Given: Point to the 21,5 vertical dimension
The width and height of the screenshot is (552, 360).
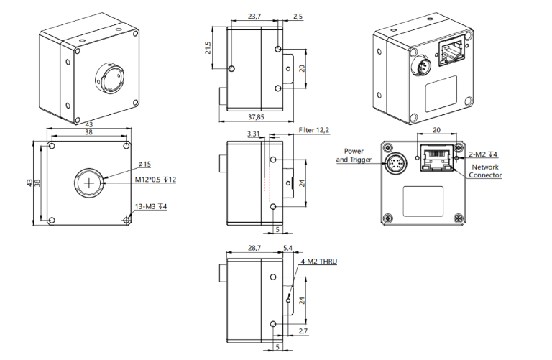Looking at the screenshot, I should tap(208, 47).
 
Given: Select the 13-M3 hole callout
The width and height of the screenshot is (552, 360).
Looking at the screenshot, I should tap(152, 208).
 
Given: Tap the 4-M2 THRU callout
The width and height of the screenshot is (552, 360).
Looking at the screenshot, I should tap(317, 262).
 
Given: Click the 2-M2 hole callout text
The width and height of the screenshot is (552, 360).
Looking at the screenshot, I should tap(483, 153).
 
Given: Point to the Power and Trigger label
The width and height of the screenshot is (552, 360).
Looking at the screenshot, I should tap(354, 155).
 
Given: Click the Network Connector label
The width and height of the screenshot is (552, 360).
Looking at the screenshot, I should tap(485, 171).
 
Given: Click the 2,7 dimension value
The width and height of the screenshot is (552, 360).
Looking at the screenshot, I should tap(303, 331).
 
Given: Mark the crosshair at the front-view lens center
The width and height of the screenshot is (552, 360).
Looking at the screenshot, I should tap(89, 185).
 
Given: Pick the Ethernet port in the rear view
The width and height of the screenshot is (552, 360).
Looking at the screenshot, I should tap(435, 157).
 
